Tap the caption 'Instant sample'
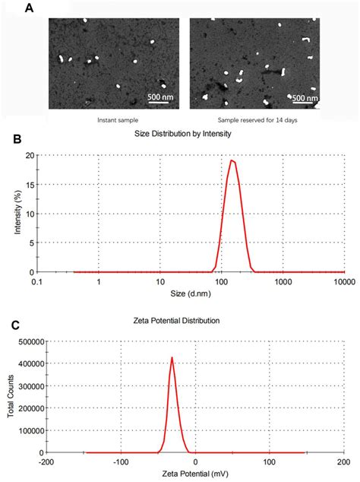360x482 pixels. click(117, 120)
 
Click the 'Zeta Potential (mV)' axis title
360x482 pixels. click(192, 473)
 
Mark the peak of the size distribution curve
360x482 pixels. click(232, 160)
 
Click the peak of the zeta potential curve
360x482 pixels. click(172, 357)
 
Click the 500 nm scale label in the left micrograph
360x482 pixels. click(159, 98)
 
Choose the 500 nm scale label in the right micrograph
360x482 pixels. click(305, 98)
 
